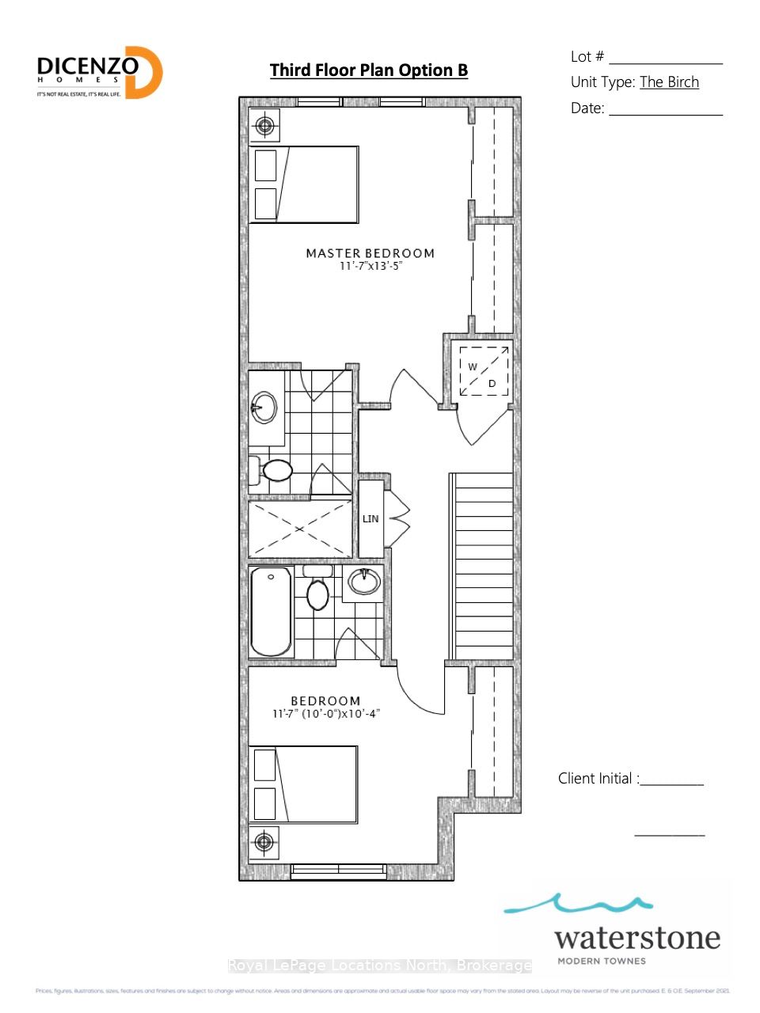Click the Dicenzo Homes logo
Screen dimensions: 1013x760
point(99,72)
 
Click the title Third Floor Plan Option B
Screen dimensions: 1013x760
point(369,70)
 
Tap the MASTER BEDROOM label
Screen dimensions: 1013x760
point(370,253)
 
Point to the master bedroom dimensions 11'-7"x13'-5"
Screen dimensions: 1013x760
point(370,267)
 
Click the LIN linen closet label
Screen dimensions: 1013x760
point(370,519)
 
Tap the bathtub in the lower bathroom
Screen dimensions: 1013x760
point(271,611)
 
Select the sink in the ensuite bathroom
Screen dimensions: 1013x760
point(264,408)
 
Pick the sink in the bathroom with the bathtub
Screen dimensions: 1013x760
point(364,582)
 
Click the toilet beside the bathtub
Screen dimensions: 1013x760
point(317,591)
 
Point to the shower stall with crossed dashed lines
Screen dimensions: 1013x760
point(299,528)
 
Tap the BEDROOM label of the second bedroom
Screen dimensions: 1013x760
point(325,701)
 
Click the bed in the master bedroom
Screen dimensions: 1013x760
point(304,184)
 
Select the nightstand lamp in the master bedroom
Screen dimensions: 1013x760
point(264,125)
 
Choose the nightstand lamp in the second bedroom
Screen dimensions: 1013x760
point(264,841)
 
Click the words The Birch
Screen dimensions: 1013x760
point(669,82)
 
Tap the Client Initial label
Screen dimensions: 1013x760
point(598,779)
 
